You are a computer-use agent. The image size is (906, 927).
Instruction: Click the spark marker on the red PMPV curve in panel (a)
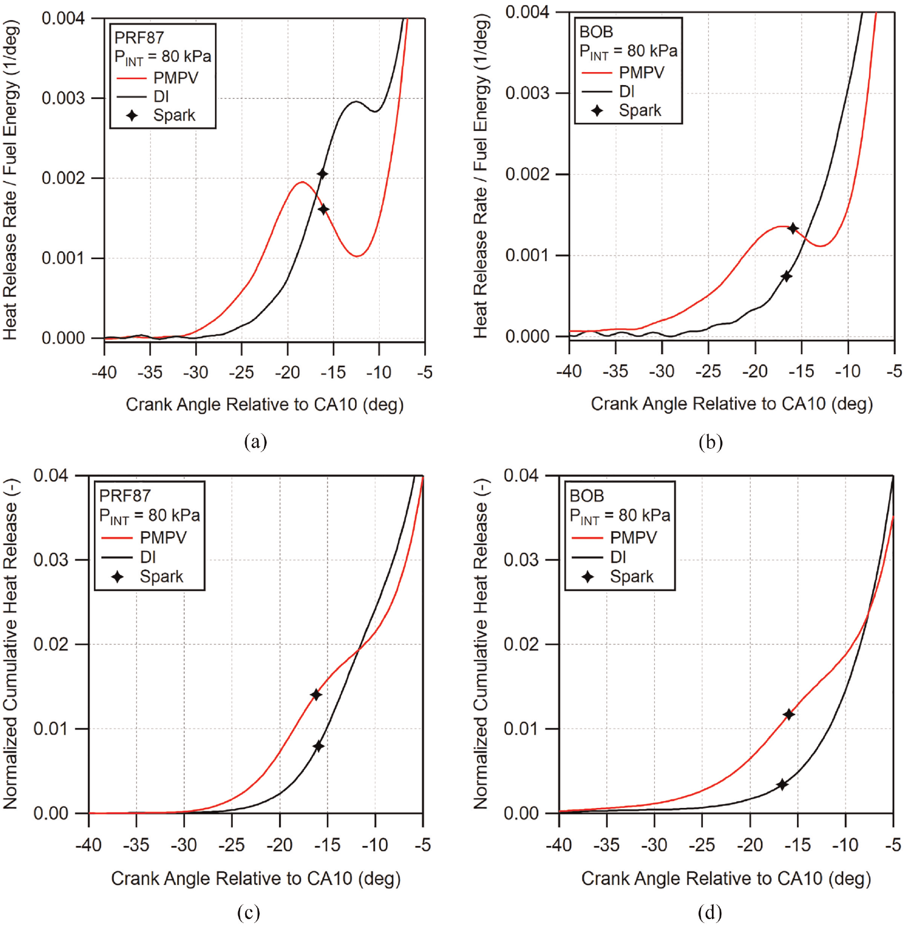coord(324,209)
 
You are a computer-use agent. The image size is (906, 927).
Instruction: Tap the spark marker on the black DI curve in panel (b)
coord(786,276)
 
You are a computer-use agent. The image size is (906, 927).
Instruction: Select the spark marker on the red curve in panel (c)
coord(316,695)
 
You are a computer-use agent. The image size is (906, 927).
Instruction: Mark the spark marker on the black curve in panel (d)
coord(782,784)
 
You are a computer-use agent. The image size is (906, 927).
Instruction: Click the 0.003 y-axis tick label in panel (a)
coord(63,98)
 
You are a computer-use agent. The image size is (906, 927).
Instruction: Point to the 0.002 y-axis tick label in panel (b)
coord(527,174)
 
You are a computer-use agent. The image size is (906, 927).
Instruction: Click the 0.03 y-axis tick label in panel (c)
coord(51,559)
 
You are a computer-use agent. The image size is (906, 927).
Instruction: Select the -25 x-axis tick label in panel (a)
coord(242,372)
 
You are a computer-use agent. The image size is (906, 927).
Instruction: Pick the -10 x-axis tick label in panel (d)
coord(845,845)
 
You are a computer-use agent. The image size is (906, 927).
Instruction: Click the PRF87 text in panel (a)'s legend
coord(139,38)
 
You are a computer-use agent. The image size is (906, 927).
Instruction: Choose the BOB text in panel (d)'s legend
coord(587,496)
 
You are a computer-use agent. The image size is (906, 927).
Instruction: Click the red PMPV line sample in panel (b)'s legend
coord(597,73)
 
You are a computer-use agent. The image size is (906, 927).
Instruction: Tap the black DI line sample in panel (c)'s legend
coord(117,557)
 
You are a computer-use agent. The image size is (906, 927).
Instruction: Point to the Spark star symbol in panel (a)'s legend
coord(132,116)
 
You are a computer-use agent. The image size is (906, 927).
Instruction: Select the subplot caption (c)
coord(249,912)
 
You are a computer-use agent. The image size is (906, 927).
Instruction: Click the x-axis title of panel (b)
coord(732,404)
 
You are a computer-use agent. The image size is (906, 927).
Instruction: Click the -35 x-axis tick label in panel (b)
coord(615,371)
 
